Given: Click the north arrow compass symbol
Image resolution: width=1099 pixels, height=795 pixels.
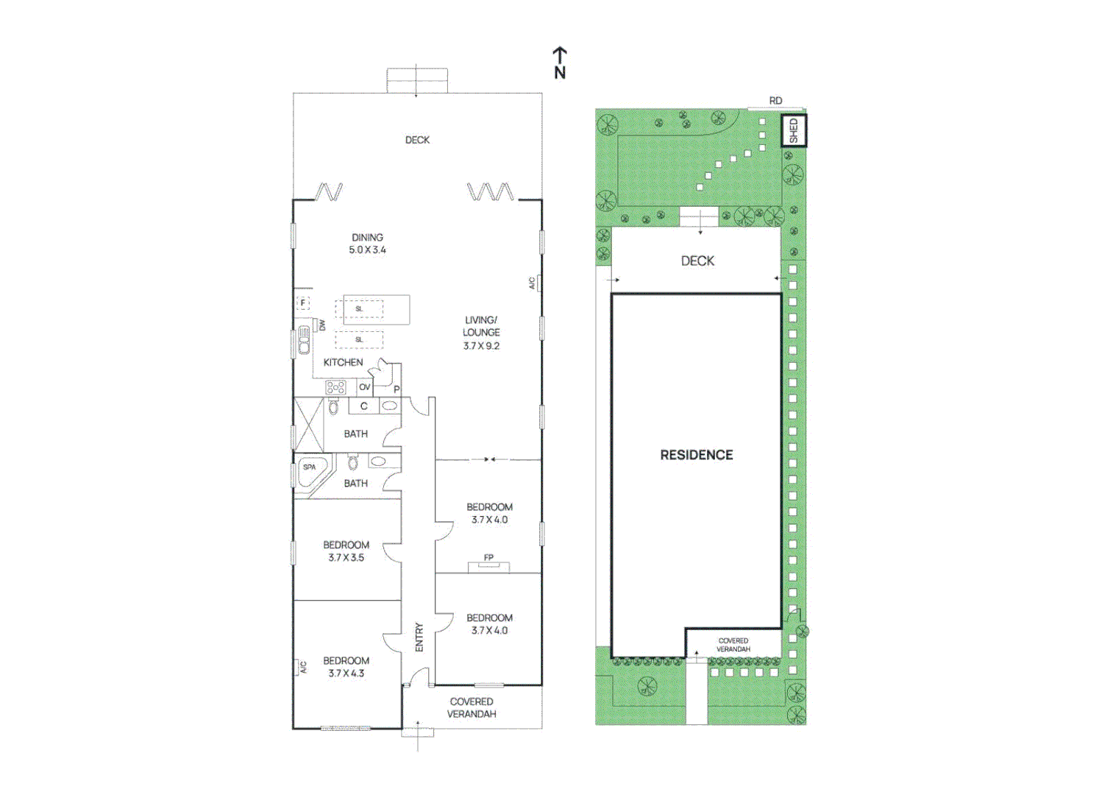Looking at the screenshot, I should tap(560, 63).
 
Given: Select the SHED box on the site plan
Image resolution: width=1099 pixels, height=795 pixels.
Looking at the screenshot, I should tap(793, 130).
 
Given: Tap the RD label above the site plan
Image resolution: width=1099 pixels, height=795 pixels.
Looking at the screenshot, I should tap(775, 100).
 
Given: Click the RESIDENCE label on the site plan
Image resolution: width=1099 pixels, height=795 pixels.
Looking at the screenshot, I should tap(696, 455).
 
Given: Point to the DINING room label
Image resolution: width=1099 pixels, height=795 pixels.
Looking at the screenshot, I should tap(367, 238).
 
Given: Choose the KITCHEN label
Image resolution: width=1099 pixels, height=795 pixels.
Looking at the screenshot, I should tap(343, 362).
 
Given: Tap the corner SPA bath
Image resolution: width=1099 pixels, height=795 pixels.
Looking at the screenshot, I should tap(310, 470).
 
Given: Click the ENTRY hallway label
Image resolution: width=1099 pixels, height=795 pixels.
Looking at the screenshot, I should tap(419, 637).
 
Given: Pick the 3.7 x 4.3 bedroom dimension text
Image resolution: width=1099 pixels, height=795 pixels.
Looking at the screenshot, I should tap(346, 673).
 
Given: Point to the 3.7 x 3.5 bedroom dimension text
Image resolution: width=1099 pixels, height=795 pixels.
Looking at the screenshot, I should tap(346, 557).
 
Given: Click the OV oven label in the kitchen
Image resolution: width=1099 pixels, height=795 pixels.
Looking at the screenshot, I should tap(365, 387).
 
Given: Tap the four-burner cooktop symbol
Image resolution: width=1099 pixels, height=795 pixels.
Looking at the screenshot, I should tap(336, 387).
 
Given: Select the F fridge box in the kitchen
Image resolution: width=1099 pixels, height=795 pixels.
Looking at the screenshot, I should tap(302, 303).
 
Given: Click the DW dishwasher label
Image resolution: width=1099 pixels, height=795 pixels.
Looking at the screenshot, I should tap(322, 325).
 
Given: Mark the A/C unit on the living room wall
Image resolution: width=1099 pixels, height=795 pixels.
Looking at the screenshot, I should tap(538, 283).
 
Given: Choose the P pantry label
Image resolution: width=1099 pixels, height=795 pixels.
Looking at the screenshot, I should tap(396, 389).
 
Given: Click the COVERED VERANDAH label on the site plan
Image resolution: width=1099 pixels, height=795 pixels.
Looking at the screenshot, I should tap(733, 645).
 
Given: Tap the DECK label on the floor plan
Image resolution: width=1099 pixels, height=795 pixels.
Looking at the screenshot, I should tap(417, 140).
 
